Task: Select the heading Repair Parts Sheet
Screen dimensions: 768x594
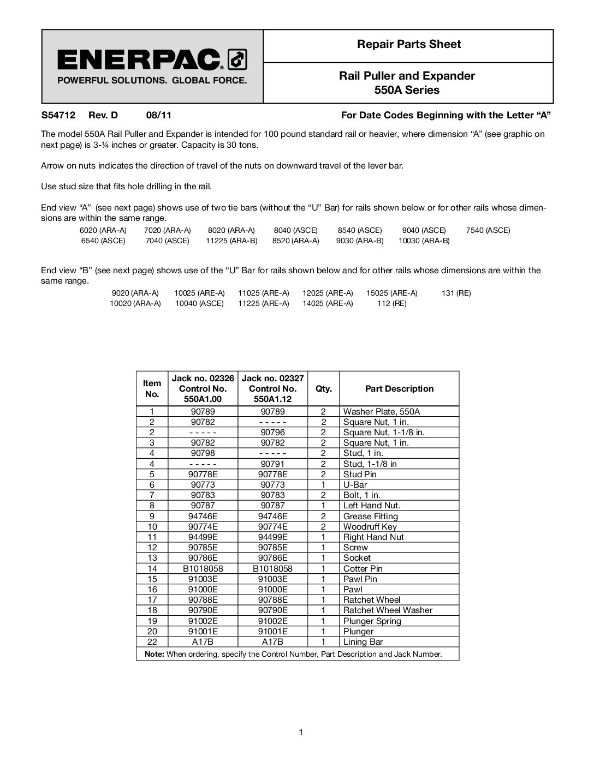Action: tap(408, 44)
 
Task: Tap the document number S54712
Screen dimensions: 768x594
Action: tap(58, 115)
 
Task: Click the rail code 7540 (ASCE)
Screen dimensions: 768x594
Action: tap(488, 230)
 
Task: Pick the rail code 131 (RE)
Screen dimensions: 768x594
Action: tap(456, 293)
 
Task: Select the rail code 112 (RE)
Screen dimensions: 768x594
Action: tap(391, 303)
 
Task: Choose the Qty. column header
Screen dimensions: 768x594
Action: tap(323, 389)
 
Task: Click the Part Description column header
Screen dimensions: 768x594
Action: tap(399, 389)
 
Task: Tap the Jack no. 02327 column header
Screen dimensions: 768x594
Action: tap(272, 388)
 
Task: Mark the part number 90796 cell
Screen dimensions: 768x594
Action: tap(272, 433)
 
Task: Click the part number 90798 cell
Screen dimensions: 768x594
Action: tap(203, 453)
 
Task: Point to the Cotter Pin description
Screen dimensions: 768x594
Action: tap(363, 568)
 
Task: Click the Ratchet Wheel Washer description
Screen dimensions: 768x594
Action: tap(387, 610)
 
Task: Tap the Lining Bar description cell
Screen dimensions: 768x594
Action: tap(363, 642)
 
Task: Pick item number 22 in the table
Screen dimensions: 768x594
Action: tap(152, 642)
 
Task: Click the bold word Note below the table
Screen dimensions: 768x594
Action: tap(154, 654)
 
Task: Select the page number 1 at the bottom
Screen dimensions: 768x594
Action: tap(300, 732)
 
